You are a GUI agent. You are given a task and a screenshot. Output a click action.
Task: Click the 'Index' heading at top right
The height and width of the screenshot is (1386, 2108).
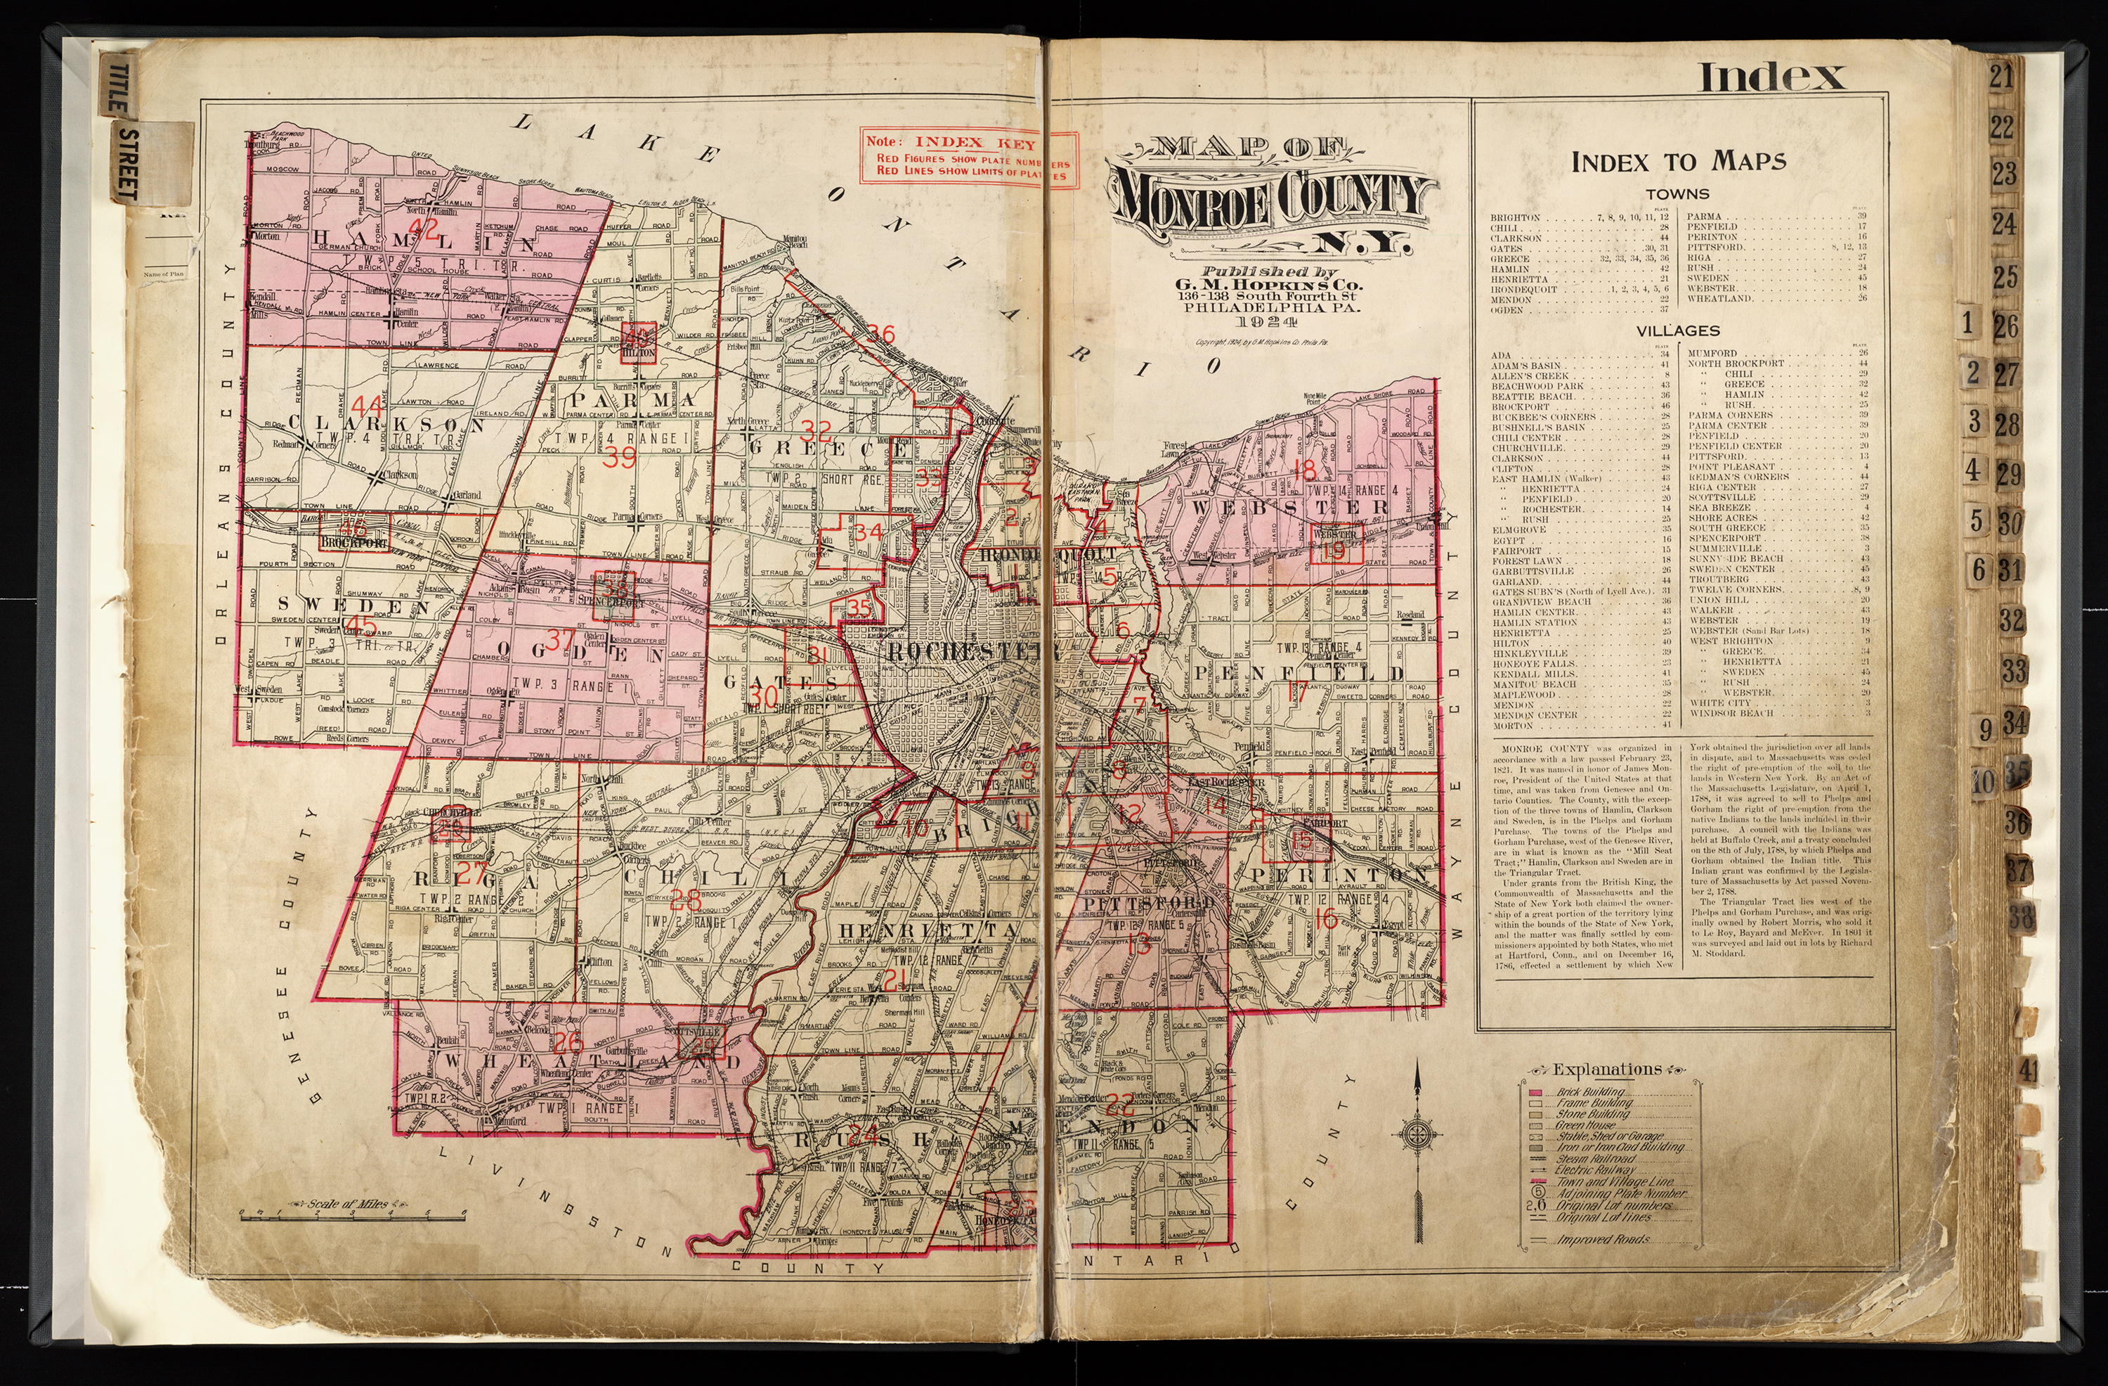pos(1771,77)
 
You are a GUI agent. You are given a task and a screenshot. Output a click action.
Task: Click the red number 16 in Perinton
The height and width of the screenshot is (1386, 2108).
pos(1325,919)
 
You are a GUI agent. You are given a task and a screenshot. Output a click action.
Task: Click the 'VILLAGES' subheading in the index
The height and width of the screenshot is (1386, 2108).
pos(1677,331)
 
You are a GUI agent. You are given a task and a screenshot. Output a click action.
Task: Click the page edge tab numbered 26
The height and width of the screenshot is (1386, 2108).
pos(2005,327)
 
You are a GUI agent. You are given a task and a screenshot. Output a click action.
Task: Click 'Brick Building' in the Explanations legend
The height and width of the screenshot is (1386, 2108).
pos(1590,1092)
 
